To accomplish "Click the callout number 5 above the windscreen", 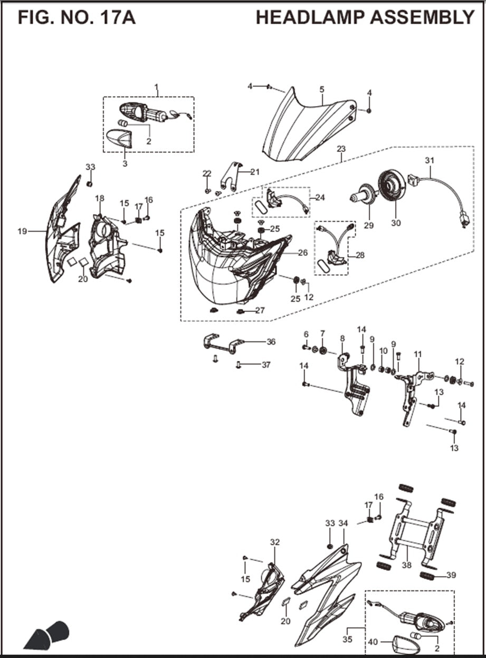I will coord(322,90).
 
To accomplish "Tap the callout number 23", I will coord(341,149).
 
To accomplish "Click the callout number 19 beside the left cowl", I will coord(22,231).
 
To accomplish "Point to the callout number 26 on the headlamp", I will coord(302,253).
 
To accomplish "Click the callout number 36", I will coord(271,342).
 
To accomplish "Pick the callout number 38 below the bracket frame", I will coord(406,565).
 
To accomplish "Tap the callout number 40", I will coord(373,642).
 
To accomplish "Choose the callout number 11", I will coord(418,354).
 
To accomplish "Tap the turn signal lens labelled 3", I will coord(121,139).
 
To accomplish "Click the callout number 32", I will coord(275,542).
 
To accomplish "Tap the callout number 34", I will coord(344,523).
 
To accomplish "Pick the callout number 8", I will coord(342,338).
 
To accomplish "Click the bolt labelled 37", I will coord(239,364).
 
